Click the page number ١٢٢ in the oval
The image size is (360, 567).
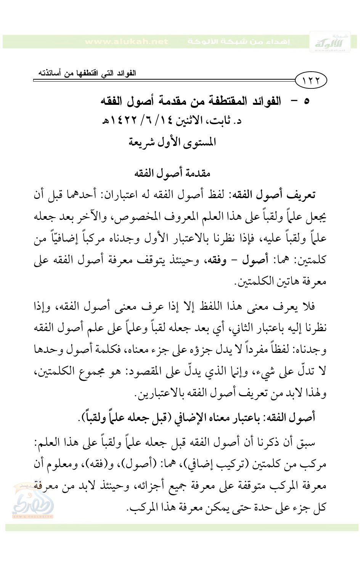click(x=311, y=80)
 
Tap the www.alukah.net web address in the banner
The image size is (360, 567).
click(x=126, y=42)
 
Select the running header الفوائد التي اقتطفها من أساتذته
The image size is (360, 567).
click(x=87, y=73)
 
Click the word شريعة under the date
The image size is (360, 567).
click(x=143, y=143)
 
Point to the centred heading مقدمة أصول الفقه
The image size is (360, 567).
click(x=172, y=173)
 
